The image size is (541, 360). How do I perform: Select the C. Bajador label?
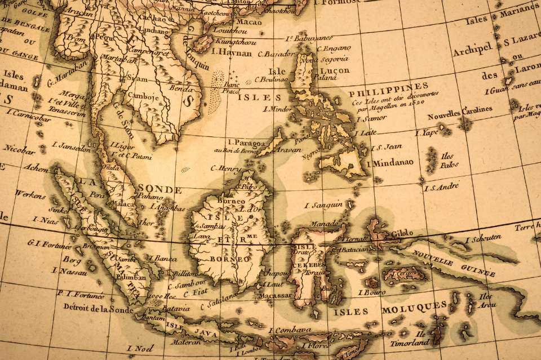point(276,55)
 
